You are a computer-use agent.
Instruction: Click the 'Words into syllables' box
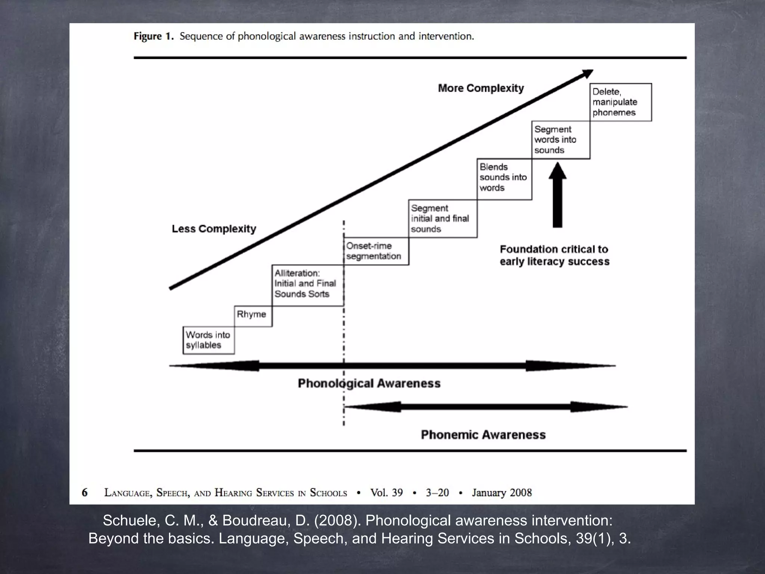pos(208,340)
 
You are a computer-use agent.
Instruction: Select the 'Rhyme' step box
pos(253,316)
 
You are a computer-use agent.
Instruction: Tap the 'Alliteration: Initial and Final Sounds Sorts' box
pos(307,285)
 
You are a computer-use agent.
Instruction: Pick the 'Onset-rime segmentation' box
pos(375,251)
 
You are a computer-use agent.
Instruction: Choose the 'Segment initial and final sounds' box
pos(442,219)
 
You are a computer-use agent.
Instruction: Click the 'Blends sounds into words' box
pos(504,178)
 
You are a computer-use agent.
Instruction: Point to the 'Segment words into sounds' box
pos(560,140)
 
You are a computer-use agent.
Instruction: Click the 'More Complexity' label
pos(481,88)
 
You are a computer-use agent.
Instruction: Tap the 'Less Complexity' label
pos(214,229)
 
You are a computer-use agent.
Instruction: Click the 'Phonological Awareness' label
pos(369,383)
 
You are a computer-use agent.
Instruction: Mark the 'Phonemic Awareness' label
pos(483,435)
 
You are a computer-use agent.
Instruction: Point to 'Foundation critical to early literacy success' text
pos(554,255)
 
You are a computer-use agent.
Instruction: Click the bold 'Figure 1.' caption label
pos(154,36)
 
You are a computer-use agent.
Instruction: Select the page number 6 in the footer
pos(85,493)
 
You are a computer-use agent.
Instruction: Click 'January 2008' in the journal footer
pos(502,493)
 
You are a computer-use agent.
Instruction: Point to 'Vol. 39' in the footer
pos(386,493)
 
